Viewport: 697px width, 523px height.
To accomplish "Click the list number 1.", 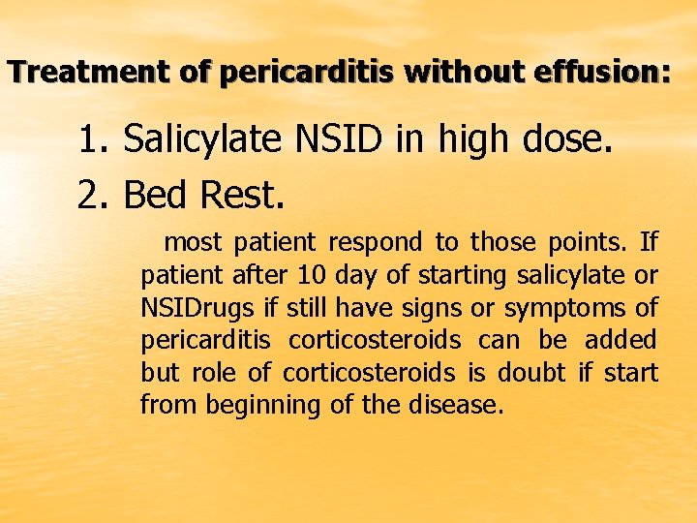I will click(x=92, y=140).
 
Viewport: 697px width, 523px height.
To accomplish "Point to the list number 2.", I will click(x=92, y=196).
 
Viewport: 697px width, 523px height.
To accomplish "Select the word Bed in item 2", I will click(x=156, y=196).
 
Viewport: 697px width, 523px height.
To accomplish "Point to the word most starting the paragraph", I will click(x=194, y=242).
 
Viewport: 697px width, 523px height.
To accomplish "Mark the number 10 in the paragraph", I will click(x=315, y=275).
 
